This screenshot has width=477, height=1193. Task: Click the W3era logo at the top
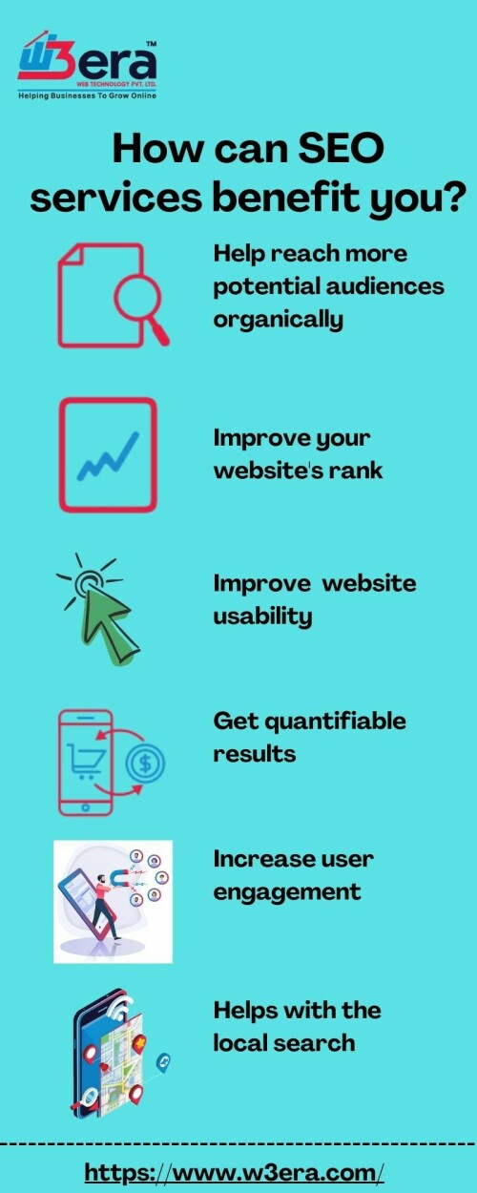(88, 65)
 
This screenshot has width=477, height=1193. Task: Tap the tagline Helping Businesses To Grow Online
(88, 95)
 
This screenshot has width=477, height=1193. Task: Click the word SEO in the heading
(341, 149)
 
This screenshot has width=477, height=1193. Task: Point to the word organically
(279, 320)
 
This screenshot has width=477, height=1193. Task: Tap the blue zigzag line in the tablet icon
(108, 456)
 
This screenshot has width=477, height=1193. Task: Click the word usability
(262, 617)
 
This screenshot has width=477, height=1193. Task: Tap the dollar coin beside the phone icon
(145, 764)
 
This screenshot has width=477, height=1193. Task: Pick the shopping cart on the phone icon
(86, 762)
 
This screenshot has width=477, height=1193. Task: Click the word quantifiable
(336, 722)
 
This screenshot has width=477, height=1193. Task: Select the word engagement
(287, 892)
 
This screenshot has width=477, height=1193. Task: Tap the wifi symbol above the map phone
(120, 1007)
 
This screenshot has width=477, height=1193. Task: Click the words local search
(283, 1043)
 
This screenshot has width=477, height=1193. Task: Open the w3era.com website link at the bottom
(235, 1172)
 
